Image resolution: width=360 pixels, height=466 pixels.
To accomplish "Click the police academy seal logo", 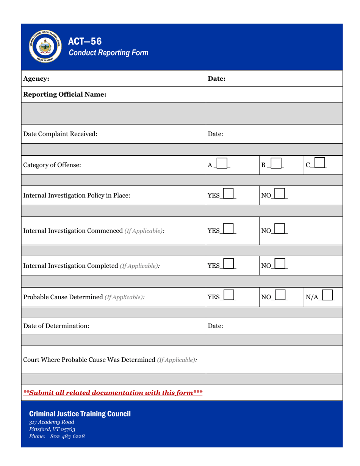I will coord(45,46).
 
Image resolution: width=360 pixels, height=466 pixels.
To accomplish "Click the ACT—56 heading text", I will coord(85,41).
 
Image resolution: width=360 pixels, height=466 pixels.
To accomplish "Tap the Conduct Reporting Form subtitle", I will coord(108,53).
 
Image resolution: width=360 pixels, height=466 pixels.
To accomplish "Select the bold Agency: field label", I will coord(36,79).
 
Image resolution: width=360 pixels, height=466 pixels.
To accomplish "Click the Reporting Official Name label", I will coord(64,95).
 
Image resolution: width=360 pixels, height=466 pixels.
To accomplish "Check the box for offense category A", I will coord(221,164).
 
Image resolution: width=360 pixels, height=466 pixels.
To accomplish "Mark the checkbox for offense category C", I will coord(320,163).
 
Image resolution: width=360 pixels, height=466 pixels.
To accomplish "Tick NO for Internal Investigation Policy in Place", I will coord(280,194).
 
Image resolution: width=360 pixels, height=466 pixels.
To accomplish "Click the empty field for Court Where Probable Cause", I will coord(274,359).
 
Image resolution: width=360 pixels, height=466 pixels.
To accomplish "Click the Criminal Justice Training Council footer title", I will coord(80,414).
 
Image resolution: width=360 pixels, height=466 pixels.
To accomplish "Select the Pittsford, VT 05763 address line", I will coord(52,429).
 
